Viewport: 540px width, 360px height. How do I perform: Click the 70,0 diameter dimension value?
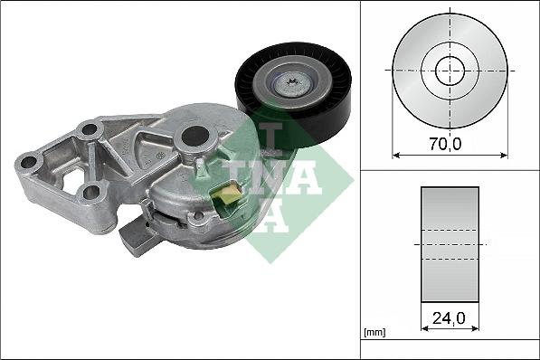[445, 144]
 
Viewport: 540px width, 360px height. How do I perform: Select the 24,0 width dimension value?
[449, 318]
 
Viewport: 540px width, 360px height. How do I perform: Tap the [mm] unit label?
[374, 333]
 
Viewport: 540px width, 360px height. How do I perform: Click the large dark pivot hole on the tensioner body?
[194, 136]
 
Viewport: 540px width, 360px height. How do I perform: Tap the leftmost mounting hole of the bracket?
[28, 162]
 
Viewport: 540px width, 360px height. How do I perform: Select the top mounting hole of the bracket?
[90, 129]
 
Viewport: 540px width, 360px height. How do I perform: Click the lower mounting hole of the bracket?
[91, 193]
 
